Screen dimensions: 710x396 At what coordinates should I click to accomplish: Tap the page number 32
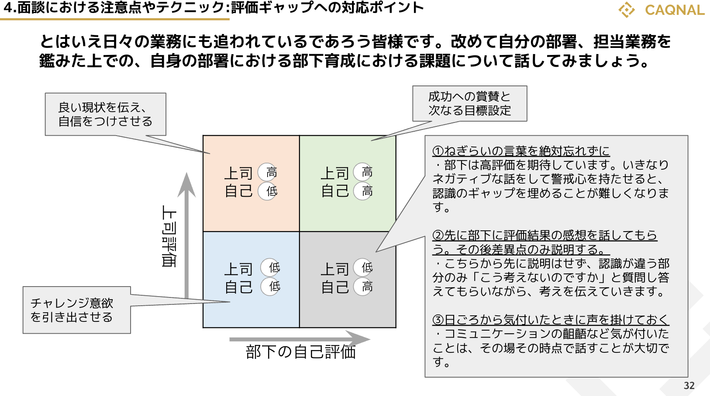pos(689,386)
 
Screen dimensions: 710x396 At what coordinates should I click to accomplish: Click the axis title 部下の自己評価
pos(300,352)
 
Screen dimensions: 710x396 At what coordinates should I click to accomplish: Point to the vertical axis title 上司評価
pos(169,236)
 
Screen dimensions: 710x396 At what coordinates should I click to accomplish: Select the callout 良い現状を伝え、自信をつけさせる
pos(105,114)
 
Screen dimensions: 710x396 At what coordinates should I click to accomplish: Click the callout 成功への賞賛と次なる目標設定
pos(469,103)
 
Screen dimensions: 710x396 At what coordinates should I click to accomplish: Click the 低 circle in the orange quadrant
pos(271,191)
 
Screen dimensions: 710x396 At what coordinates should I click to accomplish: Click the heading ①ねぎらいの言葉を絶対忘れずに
pos(521,151)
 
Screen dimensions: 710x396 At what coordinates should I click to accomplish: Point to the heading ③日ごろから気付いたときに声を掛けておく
pos(551,320)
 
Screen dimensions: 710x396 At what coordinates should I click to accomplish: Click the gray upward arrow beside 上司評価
pos(187,236)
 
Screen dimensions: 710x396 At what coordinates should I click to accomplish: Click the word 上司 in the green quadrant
pos(335,173)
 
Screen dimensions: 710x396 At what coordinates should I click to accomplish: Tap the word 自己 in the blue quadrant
pos(238,287)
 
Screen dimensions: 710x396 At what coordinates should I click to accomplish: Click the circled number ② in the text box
pos(438,236)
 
